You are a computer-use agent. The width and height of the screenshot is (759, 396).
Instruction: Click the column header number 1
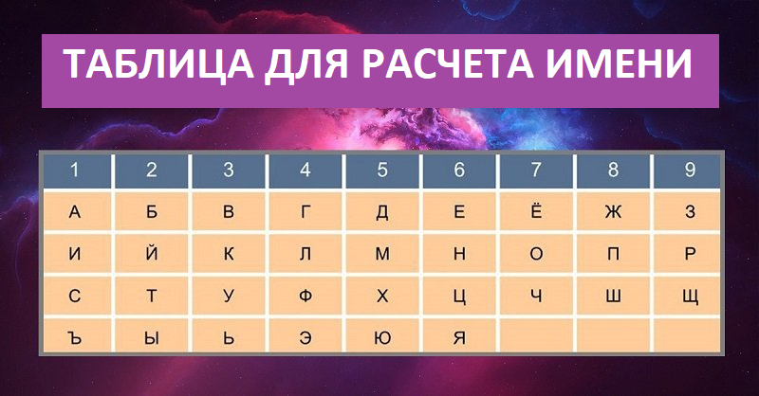click(x=75, y=171)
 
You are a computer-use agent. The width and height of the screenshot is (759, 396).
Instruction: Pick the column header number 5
click(x=382, y=171)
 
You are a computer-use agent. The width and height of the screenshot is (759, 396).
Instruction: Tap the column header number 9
click(x=690, y=171)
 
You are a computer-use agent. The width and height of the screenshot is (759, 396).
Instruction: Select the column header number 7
click(x=536, y=171)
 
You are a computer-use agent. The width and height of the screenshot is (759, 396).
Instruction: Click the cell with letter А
click(x=75, y=212)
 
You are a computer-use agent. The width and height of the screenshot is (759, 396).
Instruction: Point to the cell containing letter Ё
click(x=536, y=212)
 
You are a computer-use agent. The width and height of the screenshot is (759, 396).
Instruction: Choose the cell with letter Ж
click(x=613, y=212)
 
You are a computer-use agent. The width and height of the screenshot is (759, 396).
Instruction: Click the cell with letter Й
click(x=152, y=254)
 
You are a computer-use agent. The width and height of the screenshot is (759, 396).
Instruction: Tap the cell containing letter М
click(x=382, y=254)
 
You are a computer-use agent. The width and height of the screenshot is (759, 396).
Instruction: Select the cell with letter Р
click(x=690, y=254)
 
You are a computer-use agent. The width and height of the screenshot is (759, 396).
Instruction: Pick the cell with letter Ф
click(x=305, y=296)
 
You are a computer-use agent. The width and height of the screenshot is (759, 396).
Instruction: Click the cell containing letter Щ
click(x=690, y=296)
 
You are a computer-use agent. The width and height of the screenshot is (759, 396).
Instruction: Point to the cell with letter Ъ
click(x=75, y=335)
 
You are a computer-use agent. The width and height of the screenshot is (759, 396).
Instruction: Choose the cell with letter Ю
click(x=382, y=335)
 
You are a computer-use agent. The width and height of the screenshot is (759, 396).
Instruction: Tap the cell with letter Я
click(x=459, y=335)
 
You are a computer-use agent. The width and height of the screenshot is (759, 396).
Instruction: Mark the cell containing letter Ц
click(x=459, y=296)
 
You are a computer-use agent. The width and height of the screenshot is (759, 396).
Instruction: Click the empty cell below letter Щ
click(x=690, y=335)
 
